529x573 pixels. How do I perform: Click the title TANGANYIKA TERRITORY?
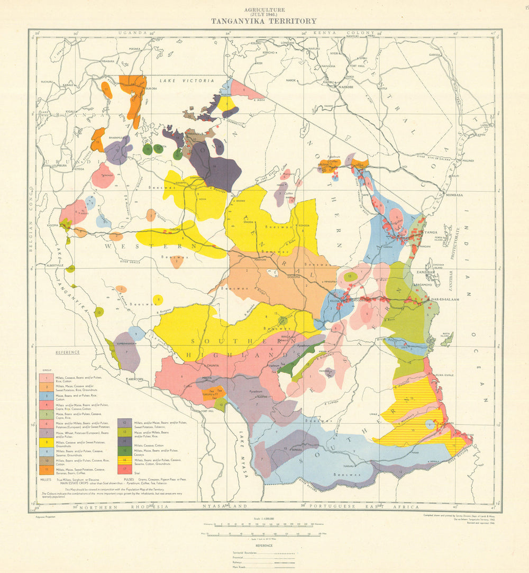[264, 21]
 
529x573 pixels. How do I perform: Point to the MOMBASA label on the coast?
[439, 195]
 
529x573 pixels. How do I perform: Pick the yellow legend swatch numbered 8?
[44, 442]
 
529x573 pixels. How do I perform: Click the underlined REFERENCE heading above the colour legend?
[67, 352]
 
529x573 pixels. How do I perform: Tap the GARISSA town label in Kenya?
[435, 54]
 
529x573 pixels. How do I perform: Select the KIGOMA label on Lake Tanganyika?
[52, 226]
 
